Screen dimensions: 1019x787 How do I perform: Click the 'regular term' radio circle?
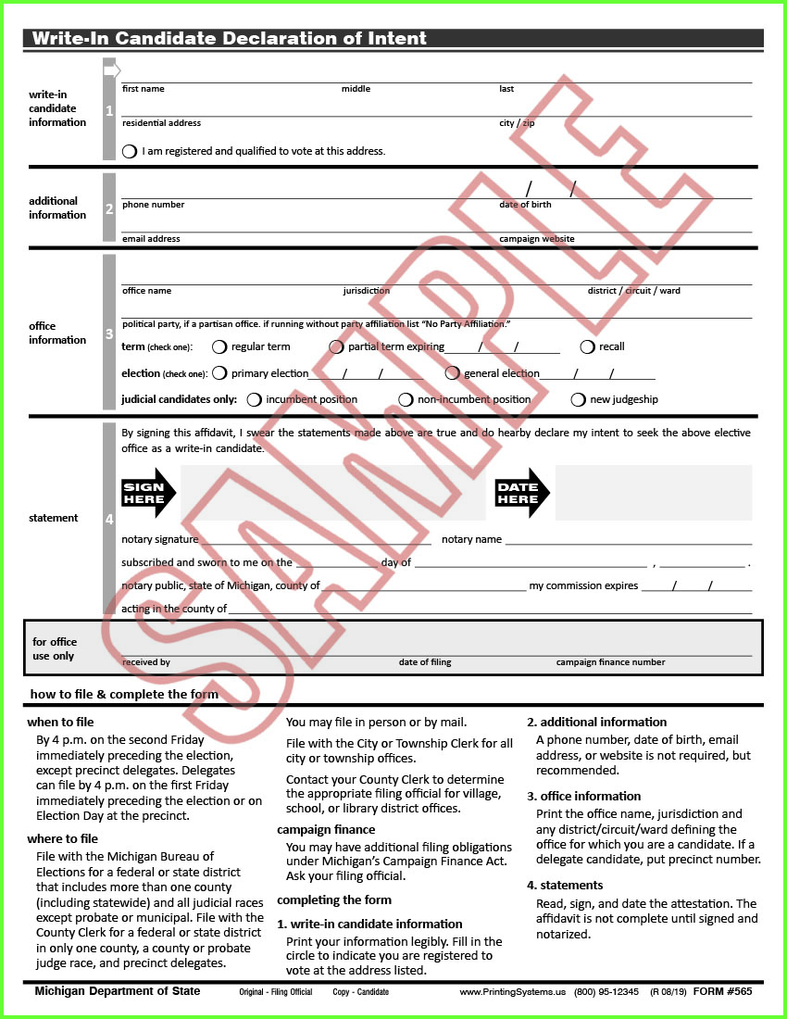click(219, 347)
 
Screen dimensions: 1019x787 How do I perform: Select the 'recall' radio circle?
click(587, 347)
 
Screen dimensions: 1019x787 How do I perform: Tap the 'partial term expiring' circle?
click(336, 347)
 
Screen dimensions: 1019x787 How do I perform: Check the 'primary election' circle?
click(219, 373)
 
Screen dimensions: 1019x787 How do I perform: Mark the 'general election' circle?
click(452, 373)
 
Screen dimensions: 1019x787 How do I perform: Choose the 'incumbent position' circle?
click(255, 400)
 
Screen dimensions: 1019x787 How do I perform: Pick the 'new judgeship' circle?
click(578, 400)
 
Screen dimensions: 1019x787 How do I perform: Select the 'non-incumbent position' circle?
click(406, 400)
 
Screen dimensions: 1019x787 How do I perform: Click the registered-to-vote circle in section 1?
click(130, 151)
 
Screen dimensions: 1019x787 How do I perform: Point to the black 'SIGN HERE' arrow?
click(148, 493)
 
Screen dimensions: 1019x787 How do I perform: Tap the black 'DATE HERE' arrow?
click(522, 493)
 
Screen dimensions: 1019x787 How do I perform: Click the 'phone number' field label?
click(153, 205)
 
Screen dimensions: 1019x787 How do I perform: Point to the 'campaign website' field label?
click(536, 239)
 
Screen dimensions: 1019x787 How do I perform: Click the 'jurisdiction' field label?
click(366, 291)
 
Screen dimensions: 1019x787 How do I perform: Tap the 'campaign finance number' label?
click(610, 662)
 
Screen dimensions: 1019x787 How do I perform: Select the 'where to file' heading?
click(62, 839)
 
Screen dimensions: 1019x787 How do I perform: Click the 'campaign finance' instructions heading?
click(326, 830)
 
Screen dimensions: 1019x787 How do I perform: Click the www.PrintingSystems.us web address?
click(512, 992)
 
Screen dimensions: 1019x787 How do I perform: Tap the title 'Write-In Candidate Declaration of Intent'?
click(230, 39)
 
